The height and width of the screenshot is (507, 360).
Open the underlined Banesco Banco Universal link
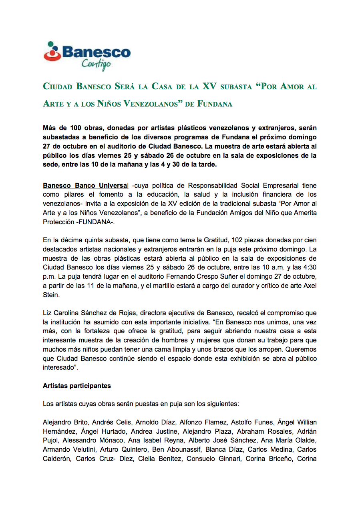click(86, 186)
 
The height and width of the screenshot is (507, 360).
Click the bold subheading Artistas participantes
click(77, 386)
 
